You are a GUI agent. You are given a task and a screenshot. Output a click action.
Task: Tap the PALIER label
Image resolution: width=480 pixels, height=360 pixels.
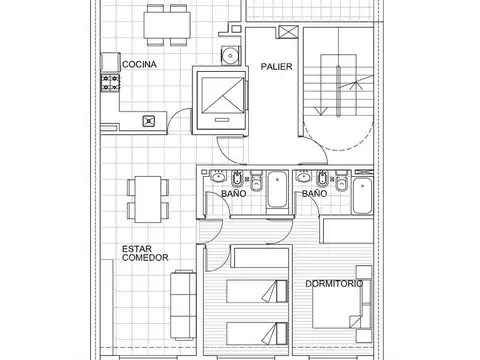point(277,67)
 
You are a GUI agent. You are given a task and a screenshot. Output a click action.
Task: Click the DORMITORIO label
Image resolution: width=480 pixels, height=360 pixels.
point(334,284)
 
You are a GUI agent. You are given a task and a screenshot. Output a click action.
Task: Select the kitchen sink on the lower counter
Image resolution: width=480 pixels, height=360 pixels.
point(149,121)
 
